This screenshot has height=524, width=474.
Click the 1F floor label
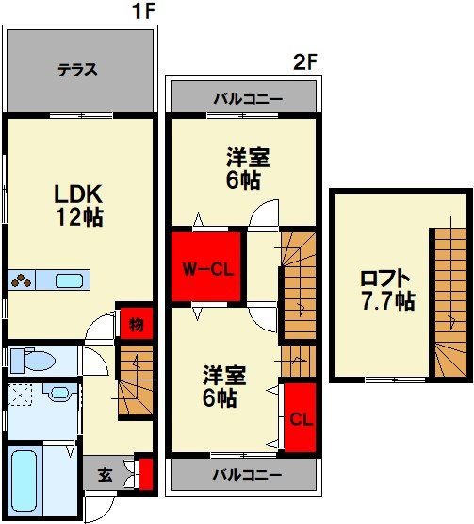(x=144, y=11)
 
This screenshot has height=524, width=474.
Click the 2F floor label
(x=304, y=61)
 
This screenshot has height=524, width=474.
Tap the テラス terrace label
(x=77, y=70)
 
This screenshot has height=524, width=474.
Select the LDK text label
(x=78, y=194)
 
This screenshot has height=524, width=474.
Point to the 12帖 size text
(x=79, y=216)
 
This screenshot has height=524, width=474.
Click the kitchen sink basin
(x=69, y=280)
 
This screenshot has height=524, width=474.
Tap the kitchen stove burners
(x=21, y=280)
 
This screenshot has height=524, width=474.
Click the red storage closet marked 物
(x=137, y=324)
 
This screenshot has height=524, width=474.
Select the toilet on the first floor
(x=32, y=361)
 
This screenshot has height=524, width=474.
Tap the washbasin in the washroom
(x=60, y=393)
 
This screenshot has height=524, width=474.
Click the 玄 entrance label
(x=106, y=475)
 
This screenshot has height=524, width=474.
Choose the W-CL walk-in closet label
(x=208, y=269)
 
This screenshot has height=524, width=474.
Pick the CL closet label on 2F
(x=302, y=419)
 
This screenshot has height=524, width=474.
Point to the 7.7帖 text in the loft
(x=389, y=301)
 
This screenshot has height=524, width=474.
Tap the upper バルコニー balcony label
(x=248, y=99)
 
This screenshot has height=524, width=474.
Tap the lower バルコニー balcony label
(x=248, y=475)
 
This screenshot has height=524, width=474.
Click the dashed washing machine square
(x=20, y=395)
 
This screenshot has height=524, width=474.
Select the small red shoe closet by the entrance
(x=146, y=475)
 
